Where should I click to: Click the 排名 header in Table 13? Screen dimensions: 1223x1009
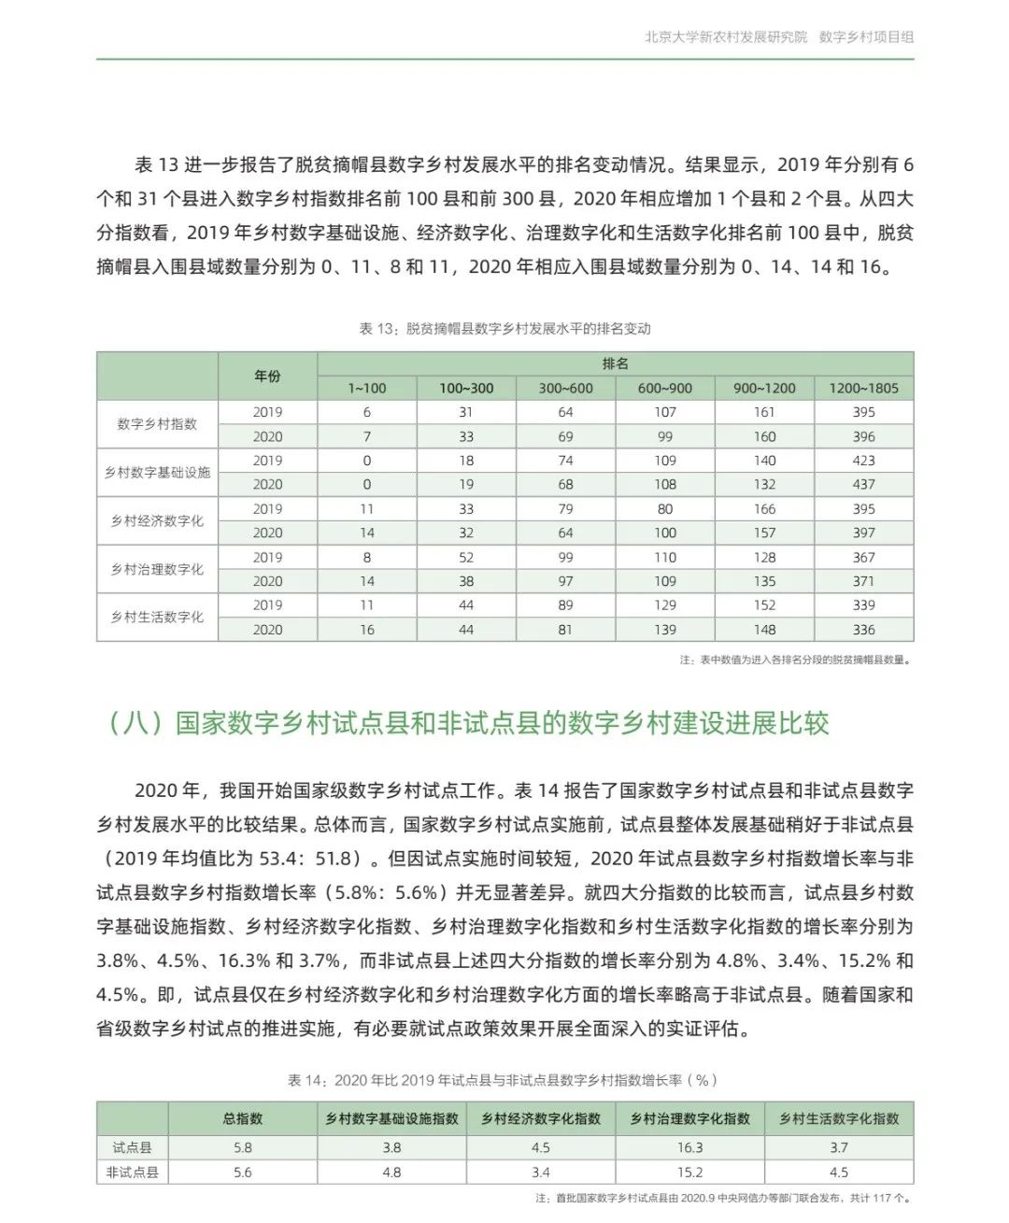(x=615, y=363)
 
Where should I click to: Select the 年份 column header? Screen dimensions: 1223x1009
(x=267, y=376)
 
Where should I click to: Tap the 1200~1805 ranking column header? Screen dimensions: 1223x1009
(x=863, y=388)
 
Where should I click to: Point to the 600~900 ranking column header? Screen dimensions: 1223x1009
(x=664, y=388)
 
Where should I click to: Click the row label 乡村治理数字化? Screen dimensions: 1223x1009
(x=157, y=569)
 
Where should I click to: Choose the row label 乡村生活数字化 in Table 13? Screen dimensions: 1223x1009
(x=157, y=617)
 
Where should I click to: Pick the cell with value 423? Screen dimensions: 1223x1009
(x=863, y=461)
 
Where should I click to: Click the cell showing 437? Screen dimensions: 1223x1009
(x=863, y=484)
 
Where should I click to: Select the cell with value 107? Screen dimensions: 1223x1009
(x=664, y=412)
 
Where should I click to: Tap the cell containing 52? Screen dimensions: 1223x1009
(x=465, y=557)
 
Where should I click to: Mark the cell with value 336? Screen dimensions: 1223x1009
(x=863, y=630)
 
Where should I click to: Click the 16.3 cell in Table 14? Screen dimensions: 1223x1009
(x=689, y=1147)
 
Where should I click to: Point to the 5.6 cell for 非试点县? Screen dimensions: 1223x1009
(x=242, y=1172)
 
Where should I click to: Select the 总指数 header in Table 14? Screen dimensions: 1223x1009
(x=242, y=1118)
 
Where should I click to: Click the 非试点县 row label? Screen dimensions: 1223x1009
(x=132, y=1172)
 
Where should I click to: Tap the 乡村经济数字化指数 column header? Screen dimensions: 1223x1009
(x=541, y=1118)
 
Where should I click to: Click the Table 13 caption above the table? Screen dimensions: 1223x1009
(x=504, y=329)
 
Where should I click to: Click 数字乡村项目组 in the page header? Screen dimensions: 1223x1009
(x=866, y=37)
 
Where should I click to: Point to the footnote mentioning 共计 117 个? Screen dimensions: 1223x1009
(x=724, y=1198)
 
